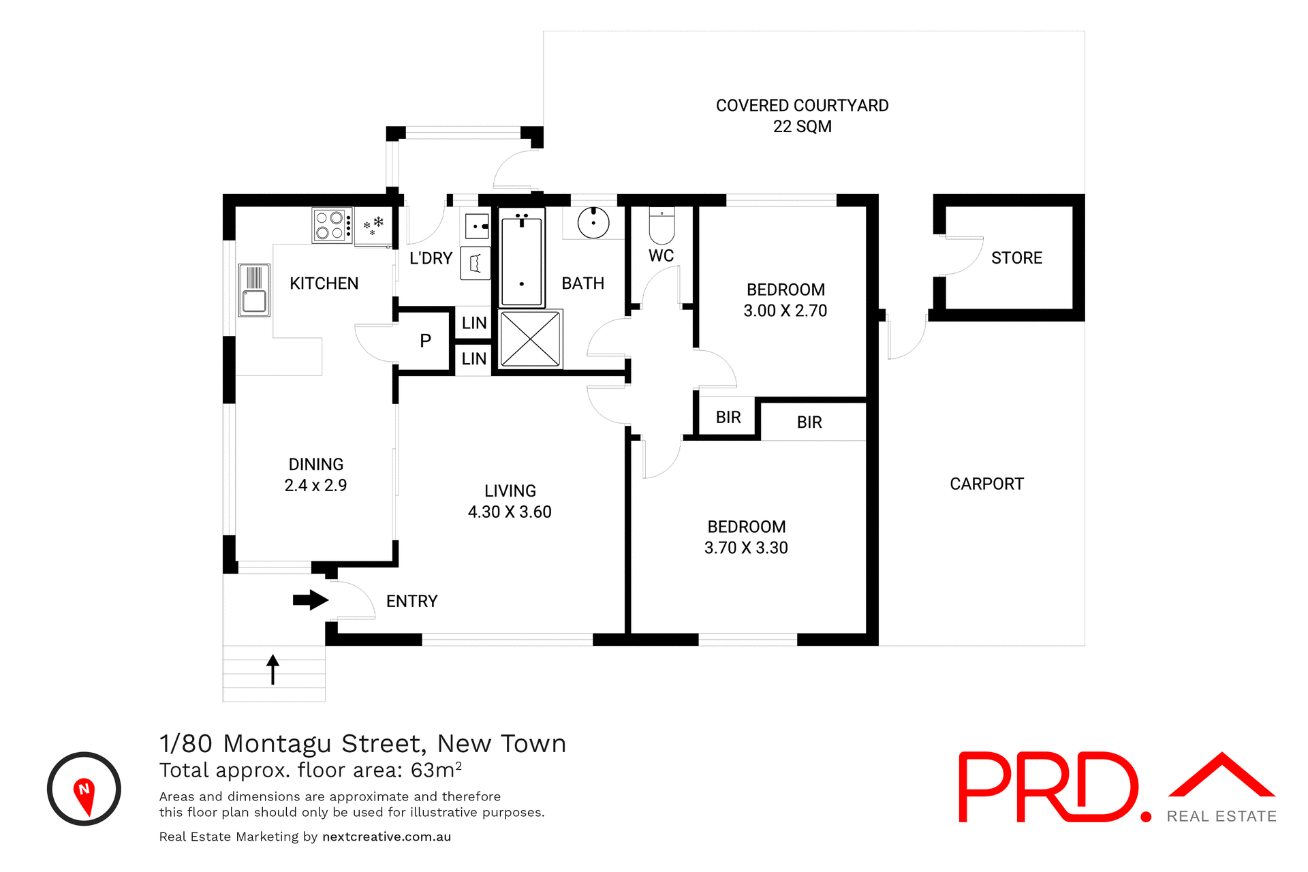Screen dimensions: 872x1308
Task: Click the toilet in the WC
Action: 661,227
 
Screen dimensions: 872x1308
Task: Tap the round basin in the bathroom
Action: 593,222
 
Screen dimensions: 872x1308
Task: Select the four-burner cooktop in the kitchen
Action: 332,225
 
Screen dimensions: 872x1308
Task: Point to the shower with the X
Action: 530,339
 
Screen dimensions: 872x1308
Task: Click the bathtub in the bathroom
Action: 522,258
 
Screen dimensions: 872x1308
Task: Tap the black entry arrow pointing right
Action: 311,600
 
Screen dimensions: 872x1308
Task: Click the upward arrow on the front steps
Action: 273,669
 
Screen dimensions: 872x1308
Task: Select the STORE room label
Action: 1016,258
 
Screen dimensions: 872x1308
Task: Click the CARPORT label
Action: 986,484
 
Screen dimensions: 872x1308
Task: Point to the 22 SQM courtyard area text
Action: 802,127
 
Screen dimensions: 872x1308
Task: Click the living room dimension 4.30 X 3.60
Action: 510,512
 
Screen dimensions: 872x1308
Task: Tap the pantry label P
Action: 426,341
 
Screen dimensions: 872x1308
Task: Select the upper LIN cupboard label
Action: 474,323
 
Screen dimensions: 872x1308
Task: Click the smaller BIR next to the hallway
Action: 728,418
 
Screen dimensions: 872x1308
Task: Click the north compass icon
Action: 84,789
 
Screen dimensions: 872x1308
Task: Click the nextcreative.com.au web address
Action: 386,837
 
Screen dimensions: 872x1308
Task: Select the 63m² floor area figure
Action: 436,770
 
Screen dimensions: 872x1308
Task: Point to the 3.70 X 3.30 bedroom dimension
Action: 746,548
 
